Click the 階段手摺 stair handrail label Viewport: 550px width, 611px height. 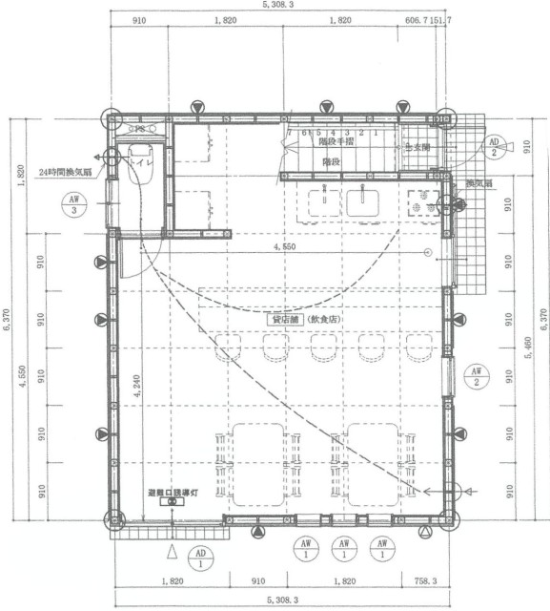click(x=335, y=141)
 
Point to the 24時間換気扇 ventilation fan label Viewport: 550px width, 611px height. click(x=65, y=172)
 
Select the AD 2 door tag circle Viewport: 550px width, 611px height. click(x=494, y=147)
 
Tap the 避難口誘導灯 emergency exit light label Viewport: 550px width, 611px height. click(x=172, y=494)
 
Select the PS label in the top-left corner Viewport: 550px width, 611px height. click(x=138, y=127)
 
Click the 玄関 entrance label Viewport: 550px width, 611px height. click(x=418, y=147)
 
